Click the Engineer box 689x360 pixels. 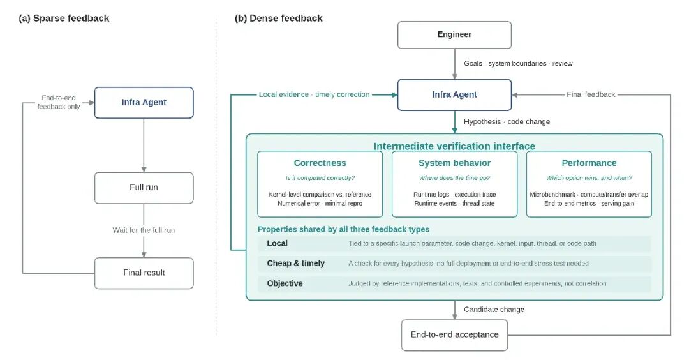point(454,34)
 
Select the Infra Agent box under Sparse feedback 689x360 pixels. point(144,102)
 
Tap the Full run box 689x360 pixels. point(144,188)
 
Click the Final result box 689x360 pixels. point(144,273)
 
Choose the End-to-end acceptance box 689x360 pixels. point(454,335)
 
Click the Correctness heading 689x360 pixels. point(320,163)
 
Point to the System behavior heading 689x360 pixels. point(454,163)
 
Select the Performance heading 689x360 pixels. point(589,163)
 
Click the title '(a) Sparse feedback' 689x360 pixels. point(64,19)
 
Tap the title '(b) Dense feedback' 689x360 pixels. point(279,19)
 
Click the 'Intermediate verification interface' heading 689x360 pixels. point(454,146)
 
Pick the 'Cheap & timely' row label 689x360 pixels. point(296,263)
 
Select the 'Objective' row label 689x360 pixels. point(285,283)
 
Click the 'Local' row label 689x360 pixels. point(277,243)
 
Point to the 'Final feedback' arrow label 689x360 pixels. point(591,94)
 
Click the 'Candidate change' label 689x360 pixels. point(494,310)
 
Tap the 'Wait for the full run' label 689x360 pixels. point(144,230)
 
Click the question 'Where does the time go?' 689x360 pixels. point(454,178)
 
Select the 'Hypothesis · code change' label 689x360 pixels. point(507,122)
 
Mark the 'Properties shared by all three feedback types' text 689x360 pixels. point(343,229)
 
